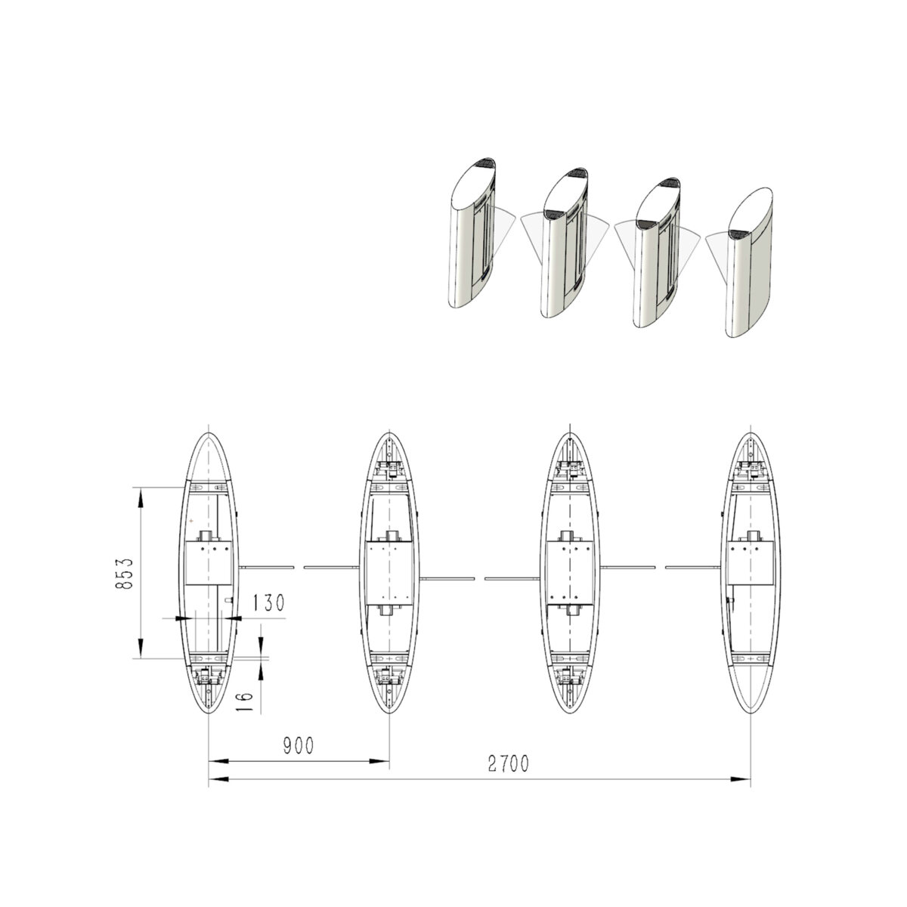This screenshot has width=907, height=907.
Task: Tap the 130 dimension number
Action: click(x=269, y=602)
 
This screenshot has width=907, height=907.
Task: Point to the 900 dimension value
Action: click(x=299, y=745)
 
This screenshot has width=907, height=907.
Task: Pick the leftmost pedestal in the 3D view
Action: click(x=472, y=233)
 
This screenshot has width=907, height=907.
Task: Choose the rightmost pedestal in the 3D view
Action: click(x=749, y=262)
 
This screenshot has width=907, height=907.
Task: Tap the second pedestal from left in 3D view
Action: click(x=565, y=243)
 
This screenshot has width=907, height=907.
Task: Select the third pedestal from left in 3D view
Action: click(x=657, y=252)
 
